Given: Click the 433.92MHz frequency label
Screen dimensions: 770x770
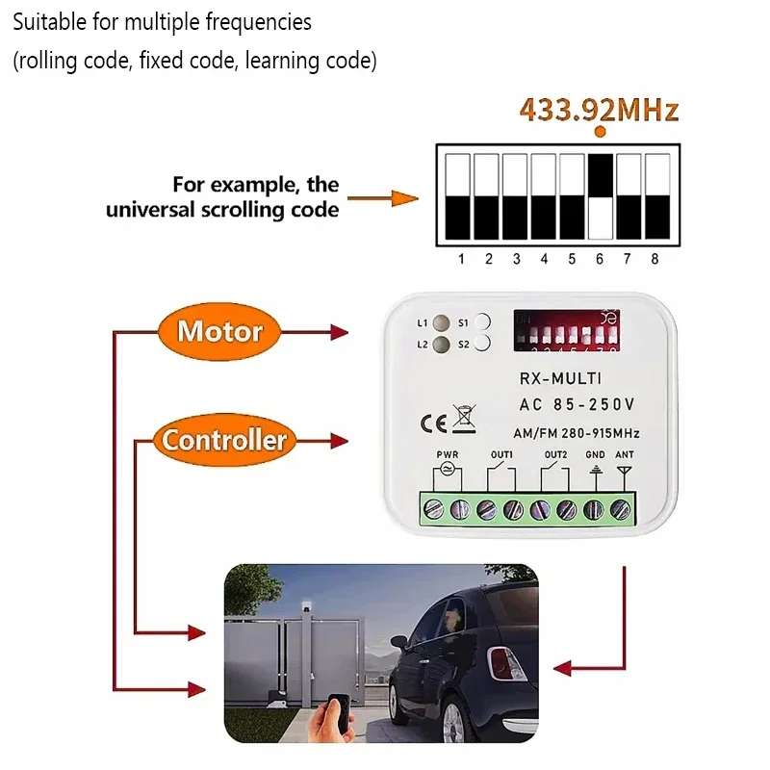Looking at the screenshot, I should (599, 109).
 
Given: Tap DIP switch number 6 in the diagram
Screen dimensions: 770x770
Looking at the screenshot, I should (601, 196).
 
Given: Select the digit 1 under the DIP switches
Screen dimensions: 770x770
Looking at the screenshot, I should (461, 259).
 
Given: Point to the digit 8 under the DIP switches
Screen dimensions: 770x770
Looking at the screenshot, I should (656, 259).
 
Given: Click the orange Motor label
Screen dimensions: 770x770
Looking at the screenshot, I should (219, 332).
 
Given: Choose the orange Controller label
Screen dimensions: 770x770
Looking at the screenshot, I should (223, 441).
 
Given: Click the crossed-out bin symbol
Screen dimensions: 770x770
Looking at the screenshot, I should (464, 419).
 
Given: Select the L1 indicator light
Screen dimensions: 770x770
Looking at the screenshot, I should (441, 322).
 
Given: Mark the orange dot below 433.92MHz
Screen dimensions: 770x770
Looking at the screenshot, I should (601, 132).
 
